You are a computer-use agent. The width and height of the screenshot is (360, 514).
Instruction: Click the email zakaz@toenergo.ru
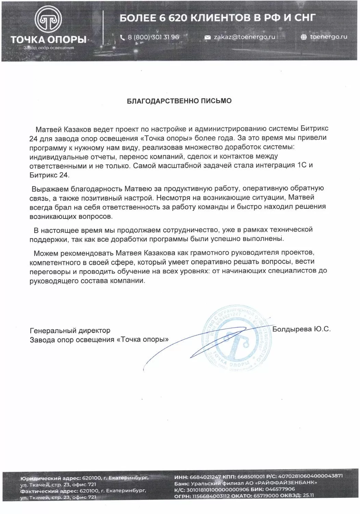coord(245,37)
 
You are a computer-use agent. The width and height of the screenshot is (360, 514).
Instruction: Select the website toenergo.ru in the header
coord(328,37)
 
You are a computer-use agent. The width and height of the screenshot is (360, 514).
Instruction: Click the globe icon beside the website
coord(303,37)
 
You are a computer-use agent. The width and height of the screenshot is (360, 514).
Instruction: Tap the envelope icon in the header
coord(207,37)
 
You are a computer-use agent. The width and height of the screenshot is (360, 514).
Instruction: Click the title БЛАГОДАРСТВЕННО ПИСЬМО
coord(179,101)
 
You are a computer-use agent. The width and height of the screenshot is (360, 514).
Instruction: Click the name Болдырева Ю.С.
coord(301,329)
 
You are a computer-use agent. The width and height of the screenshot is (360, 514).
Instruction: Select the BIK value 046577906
coord(281,489)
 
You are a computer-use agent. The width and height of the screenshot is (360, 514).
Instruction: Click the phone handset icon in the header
coord(122,37)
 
